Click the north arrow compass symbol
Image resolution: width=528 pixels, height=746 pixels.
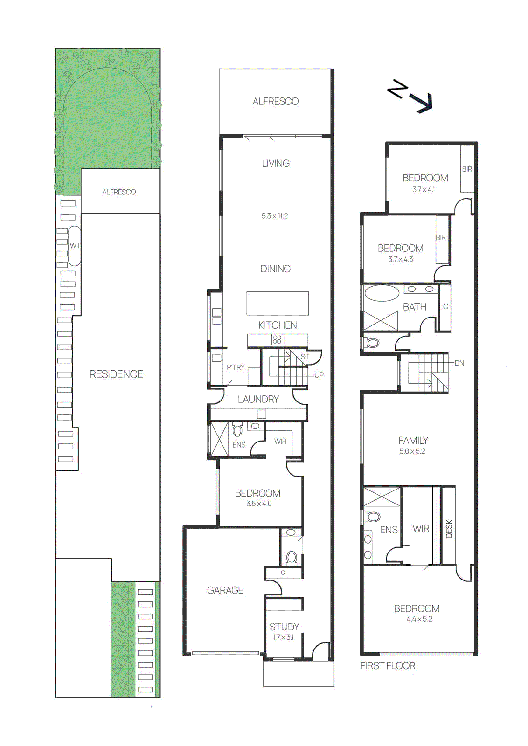(410, 96)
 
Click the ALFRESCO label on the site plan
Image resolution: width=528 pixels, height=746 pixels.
(119, 192)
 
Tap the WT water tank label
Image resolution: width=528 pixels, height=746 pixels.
(75, 246)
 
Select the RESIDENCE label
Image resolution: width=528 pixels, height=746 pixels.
(116, 374)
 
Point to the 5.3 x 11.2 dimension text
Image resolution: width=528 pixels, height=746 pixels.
(275, 216)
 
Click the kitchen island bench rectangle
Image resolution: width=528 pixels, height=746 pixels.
(278, 303)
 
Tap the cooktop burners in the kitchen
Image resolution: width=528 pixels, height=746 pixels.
(278, 340)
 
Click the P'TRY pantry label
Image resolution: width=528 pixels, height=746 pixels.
(236, 367)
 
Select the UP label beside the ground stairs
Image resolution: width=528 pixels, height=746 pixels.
(319, 375)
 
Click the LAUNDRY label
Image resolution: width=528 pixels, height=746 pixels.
(258, 399)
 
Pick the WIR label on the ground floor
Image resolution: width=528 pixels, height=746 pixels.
(280, 442)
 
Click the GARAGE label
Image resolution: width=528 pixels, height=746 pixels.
(225, 590)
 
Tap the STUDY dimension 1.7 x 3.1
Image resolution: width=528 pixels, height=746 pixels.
(283, 637)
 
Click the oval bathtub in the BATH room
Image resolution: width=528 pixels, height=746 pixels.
(382, 293)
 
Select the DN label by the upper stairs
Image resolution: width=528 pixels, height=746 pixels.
(459, 363)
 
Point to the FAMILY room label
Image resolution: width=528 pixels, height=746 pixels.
(413, 440)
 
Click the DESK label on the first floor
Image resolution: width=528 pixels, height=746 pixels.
(449, 529)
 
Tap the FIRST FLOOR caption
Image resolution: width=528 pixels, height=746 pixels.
(388, 666)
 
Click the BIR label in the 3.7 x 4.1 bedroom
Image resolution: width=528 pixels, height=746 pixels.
(467, 169)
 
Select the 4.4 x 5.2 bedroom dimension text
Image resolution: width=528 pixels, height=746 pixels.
(419, 619)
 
